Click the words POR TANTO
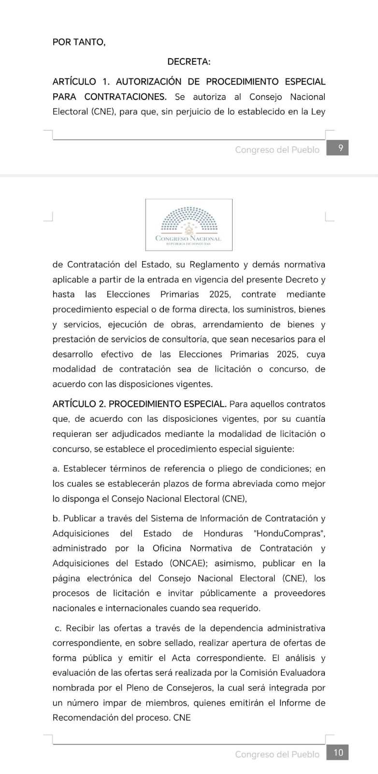pos(78,42)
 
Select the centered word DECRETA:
pos(189,62)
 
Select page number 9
pos(340,149)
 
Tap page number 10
pos(338,753)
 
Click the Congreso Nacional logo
pos(189,225)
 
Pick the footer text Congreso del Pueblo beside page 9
pos(277,150)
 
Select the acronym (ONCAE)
pos(189,563)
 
